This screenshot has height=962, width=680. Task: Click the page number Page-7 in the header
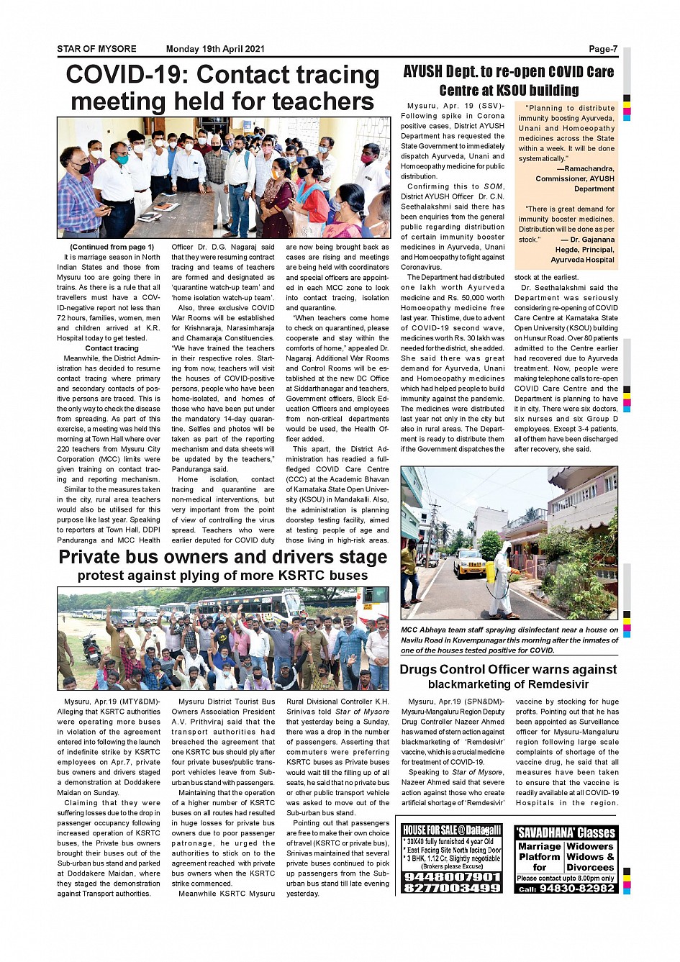pyautogui.click(x=603, y=49)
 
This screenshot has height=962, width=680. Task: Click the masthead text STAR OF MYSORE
pyautogui.click(x=96, y=49)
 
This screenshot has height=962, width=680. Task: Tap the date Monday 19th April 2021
pyautogui.click(x=215, y=49)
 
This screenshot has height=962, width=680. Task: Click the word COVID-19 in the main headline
pyautogui.click(x=126, y=75)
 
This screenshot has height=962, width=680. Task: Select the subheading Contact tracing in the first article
pyautogui.click(x=112, y=348)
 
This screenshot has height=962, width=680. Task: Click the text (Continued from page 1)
pyautogui.click(x=112, y=247)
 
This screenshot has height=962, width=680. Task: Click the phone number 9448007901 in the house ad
pyautogui.click(x=452, y=877)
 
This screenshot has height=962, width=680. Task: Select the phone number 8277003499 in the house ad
pyautogui.click(x=452, y=888)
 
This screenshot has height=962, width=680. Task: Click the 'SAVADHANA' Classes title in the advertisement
pyautogui.click(x=566, y=832)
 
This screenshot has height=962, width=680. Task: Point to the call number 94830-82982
pyautogui.click(x=576, y=889)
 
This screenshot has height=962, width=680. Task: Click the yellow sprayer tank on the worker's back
pyautogui.click(x=490, y=573)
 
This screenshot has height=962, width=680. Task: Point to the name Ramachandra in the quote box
pyautogui.click(x=589, y=168)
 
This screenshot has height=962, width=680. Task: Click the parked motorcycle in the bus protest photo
pyautogui.click(x=91, y=649)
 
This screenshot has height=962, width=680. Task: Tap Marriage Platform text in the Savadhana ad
pyautogui.click(x=539, y=852)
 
